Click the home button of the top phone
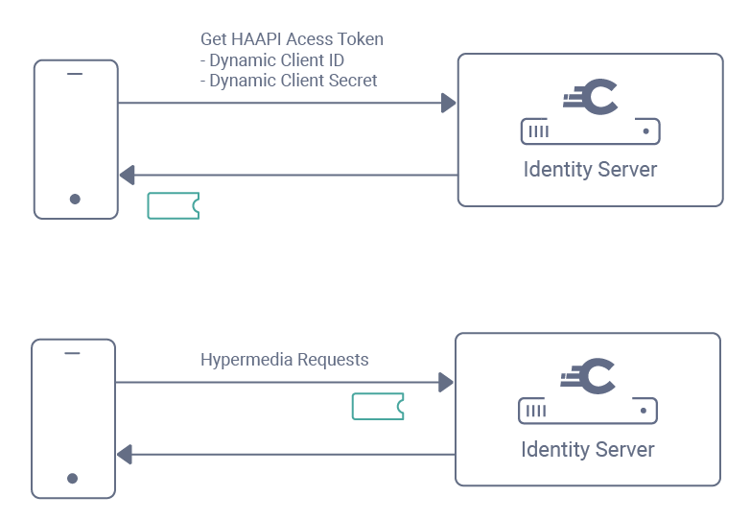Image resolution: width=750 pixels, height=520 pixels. (x=75, y=200)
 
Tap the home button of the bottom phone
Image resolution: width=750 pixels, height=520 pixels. (x=72, y=478)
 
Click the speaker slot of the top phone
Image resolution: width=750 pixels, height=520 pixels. (x=75, y=75)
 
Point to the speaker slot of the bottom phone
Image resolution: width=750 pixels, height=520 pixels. (x=72, y=353)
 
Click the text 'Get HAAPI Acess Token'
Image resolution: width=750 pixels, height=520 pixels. (x=292, y=39)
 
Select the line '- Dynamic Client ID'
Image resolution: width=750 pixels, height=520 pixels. (x=271, y=60)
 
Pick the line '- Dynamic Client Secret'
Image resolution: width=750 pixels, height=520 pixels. (x=289, y=81)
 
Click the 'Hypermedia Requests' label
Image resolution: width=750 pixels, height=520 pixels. (x=284, y=360)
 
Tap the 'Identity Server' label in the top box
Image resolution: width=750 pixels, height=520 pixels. (x=590, y=170)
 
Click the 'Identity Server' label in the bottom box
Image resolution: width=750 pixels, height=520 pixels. (x=587, y=449)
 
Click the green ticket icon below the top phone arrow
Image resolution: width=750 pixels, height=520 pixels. (x=174, y=205)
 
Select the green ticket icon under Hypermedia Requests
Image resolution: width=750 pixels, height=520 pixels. (x=378, y=406)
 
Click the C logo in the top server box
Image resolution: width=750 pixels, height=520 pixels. (x=592, y=98)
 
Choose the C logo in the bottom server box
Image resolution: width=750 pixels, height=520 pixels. (x=589, y=376)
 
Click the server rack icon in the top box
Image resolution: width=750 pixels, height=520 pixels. (x=590, y=130)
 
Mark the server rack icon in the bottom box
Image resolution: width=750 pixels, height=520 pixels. (x=587, y=411)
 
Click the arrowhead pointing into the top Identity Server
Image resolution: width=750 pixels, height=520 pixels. (x=448, y=103)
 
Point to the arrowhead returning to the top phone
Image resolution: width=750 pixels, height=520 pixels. (x=127, y=176)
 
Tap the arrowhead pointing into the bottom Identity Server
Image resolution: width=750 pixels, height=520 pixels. (x=445, y=382)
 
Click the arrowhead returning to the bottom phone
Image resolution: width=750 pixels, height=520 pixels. (x=124, y=454)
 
